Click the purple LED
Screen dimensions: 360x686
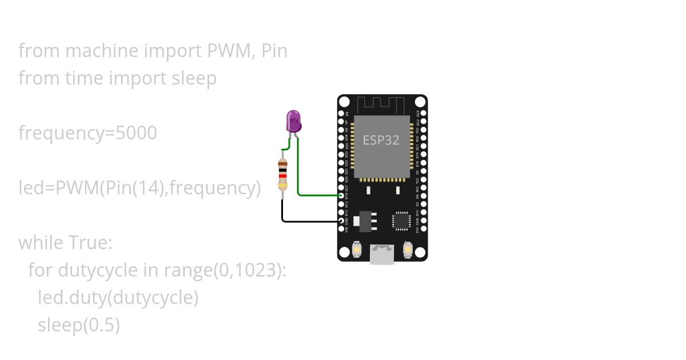[293, 122]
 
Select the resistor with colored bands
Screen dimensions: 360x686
[282, 174]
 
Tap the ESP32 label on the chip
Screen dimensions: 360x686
[381, 140]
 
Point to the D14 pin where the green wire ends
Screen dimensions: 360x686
[341, 195]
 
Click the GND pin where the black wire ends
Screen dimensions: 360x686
[341, 221]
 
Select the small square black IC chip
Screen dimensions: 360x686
[401, 221]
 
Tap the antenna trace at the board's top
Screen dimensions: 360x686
[381, 105]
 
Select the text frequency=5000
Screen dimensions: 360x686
[87, 133]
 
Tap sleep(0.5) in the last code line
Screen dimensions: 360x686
[79, 325]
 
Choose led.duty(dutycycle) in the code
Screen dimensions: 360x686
[118, 298]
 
